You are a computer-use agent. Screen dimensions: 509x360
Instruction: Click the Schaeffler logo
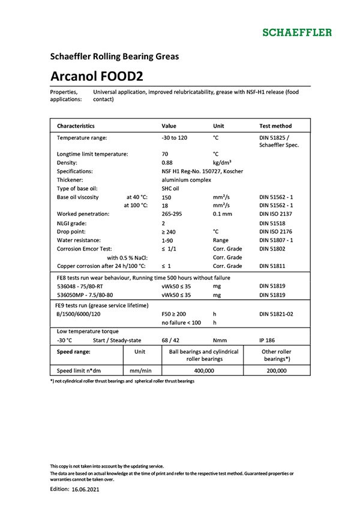point(297,31)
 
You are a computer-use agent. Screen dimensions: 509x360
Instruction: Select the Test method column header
point(275,126)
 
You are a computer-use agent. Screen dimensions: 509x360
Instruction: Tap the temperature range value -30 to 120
point(175,138)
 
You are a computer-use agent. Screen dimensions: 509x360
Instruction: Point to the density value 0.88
point(167,162)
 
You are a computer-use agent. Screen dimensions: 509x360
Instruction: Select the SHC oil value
point(171,188)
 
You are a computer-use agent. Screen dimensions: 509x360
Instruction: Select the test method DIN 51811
point(273,266)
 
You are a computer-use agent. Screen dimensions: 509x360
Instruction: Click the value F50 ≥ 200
point(175,314)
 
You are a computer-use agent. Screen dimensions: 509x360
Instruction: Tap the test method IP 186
point(268,340)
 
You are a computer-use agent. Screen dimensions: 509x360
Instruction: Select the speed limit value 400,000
point(204,371)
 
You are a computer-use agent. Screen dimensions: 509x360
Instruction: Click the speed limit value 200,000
point(277,371)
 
